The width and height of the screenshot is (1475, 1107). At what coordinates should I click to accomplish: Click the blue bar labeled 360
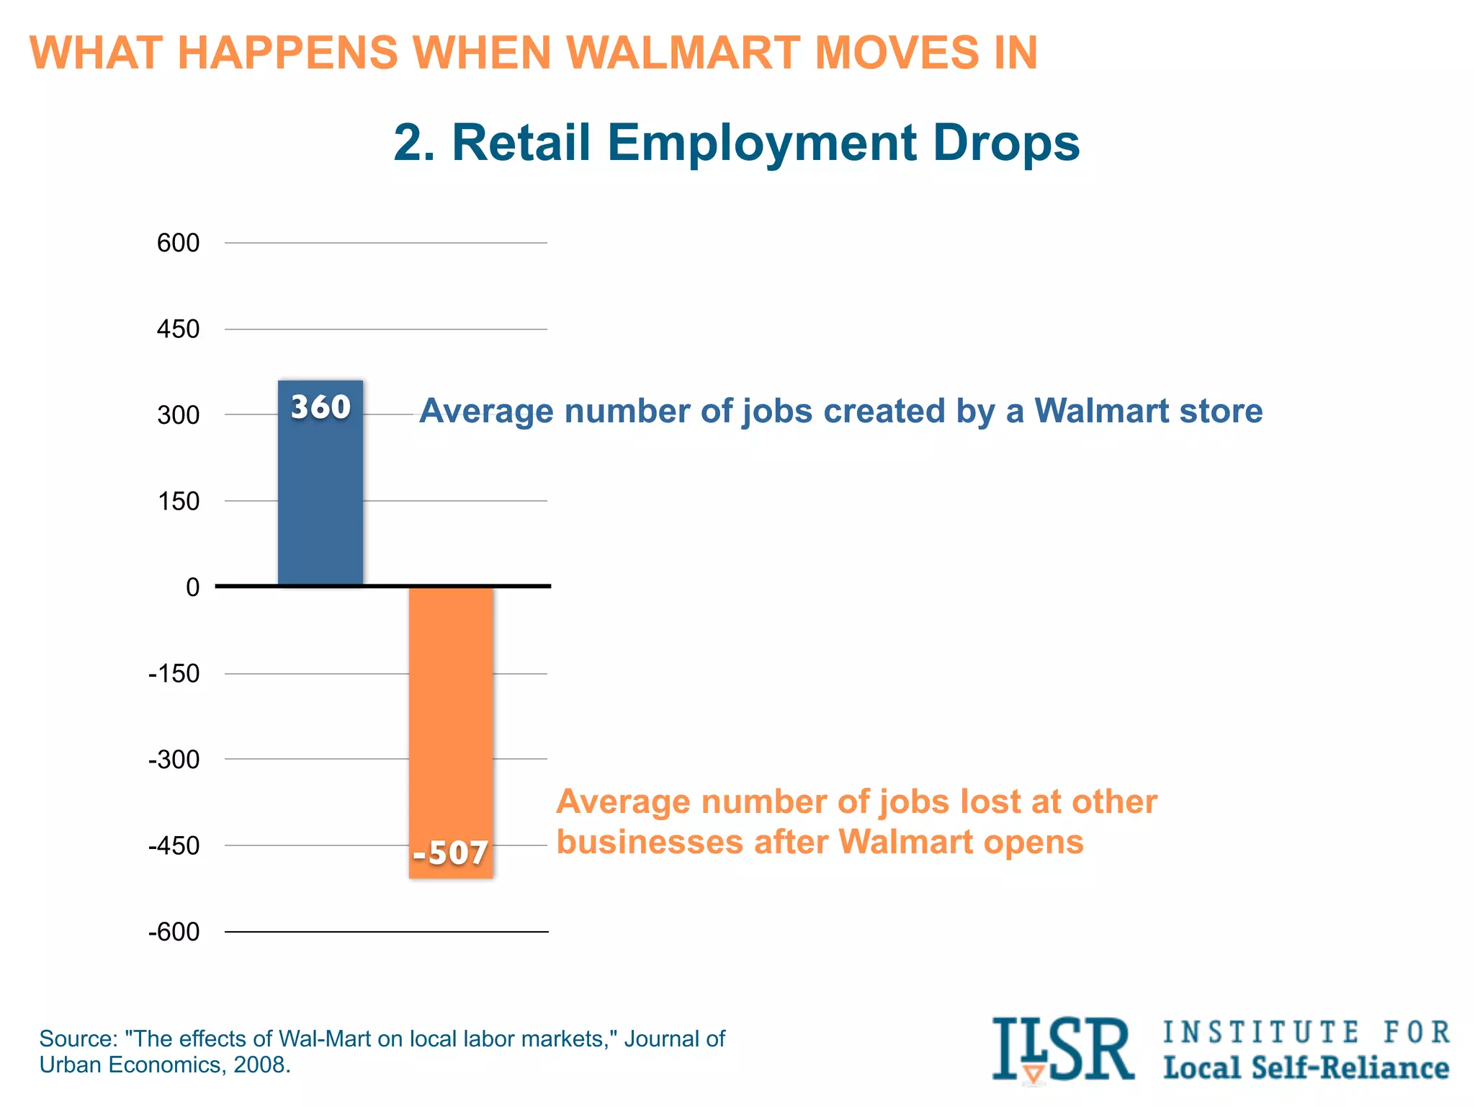tap(320, 497)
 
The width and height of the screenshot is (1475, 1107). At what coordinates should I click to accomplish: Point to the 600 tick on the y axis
tap(178, 243)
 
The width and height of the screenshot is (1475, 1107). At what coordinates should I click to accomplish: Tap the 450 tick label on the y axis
tap(178, 329)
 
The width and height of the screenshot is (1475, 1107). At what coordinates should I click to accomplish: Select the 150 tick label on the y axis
tap(178, 501)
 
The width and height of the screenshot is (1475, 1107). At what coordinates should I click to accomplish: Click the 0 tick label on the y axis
tap(192, 587)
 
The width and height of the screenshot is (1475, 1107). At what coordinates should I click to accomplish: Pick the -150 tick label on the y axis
tap(174, 674)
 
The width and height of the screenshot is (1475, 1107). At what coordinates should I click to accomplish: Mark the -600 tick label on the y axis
tap(174, 932)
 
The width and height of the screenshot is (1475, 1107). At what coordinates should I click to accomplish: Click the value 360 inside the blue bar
tap(320, 407)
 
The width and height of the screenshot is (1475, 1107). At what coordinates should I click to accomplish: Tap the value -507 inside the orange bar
tap(451, 853)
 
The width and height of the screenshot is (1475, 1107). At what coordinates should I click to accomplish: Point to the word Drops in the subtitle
tap(1006, 142)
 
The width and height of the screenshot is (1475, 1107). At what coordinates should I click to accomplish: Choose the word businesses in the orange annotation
tap(649, 842)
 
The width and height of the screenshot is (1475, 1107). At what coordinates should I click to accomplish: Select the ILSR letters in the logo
tap(1062, 1049)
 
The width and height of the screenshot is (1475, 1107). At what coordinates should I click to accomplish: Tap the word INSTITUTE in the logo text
tap(1261, 1032)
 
